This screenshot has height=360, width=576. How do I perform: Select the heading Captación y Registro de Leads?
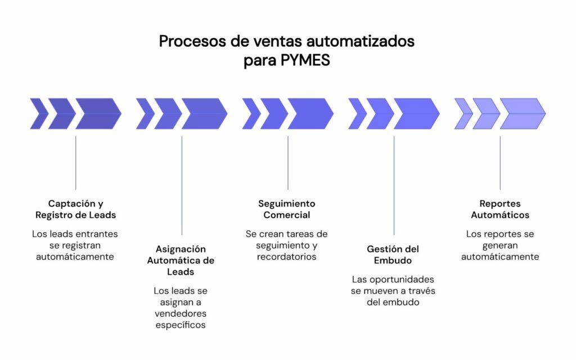click(x=75, y=209)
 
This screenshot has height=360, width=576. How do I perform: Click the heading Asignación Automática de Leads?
click(x=181, y=260)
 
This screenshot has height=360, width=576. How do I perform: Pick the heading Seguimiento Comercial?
click(x=287, y=209)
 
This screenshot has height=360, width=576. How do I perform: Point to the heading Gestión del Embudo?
click(x=393, y=254)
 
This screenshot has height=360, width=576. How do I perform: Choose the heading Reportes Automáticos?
click(x=499, y=209)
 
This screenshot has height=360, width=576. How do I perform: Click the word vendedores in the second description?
click(x=181, y=313)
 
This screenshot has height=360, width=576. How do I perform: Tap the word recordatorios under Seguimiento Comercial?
click(x=287, y=256)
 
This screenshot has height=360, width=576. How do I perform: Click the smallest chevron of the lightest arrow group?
click(x=462, y=114)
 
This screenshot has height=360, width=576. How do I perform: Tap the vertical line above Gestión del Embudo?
click(x=394, y=186)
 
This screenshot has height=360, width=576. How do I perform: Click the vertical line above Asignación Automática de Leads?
click(x=182, y=186)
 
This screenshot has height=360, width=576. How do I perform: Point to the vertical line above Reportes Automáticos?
click(x=500, y=163)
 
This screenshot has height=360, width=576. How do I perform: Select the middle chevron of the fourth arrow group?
click(x=380, y=114)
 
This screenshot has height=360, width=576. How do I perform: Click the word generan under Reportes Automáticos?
click(x=500, y=245)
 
